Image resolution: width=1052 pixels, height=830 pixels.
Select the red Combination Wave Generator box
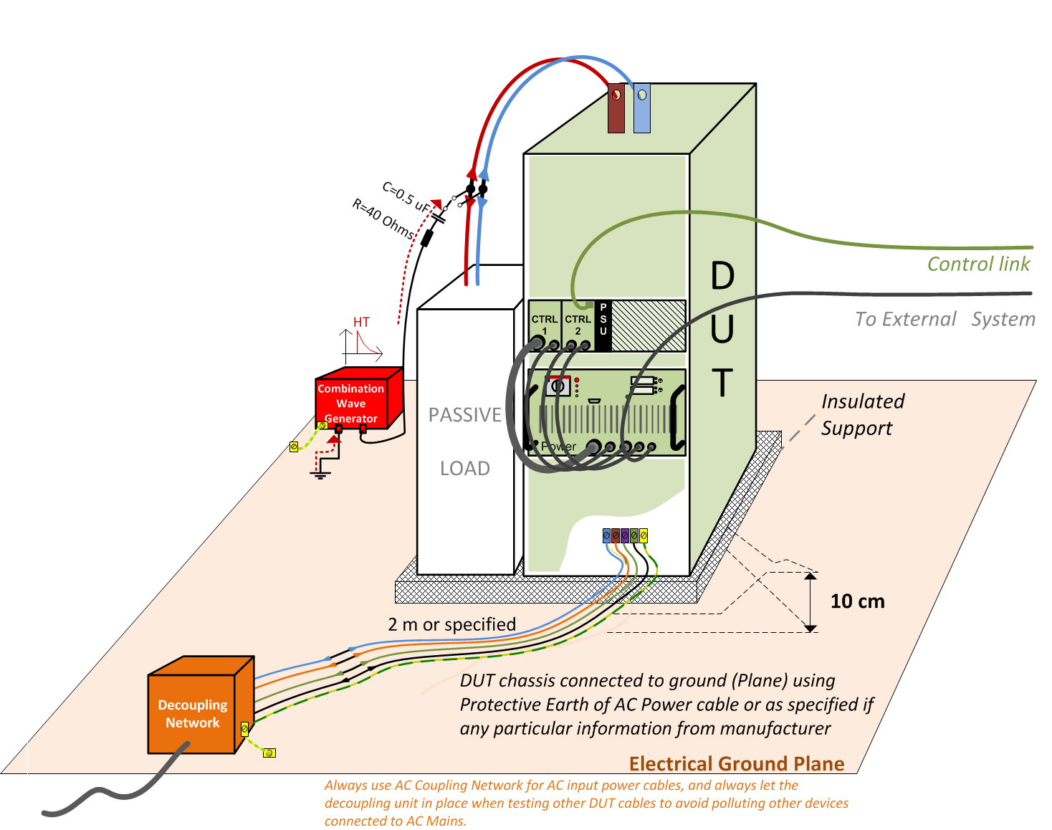[x=359, y=398]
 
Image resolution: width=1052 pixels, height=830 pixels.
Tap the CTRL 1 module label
[x=545, y=324]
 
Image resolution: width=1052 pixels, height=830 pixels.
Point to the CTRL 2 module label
[x=578, y=324]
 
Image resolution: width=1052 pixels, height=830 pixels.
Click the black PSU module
[x=603, y=325]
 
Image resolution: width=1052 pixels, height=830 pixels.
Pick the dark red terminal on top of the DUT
[x=616, y=108]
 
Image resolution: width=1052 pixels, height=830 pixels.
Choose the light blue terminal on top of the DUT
[x=642, y=108]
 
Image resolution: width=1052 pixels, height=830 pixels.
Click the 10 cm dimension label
[x=858, y=601]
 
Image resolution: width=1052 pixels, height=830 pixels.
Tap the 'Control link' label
[x=978, y=264]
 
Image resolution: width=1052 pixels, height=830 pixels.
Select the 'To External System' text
[x=945, y=319]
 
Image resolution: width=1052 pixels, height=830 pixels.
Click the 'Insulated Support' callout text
[x=863, y=415]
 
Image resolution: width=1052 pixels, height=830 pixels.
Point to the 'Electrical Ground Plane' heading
[x=737, y=763]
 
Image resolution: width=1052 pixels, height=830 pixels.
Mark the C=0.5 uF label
[x=406, y=197]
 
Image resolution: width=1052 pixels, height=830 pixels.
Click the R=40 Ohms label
[x=383, y=219]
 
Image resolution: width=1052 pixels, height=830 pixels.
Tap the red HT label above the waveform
[x=361, y=323]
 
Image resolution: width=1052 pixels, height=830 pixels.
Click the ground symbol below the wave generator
[x=320, y=474]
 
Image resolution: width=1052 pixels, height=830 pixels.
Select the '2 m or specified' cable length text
[x=451, y=624]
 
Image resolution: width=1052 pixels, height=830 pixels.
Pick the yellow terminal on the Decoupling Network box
[x=245, y=729]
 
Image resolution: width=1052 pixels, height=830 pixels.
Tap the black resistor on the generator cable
[x=427, y=238]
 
